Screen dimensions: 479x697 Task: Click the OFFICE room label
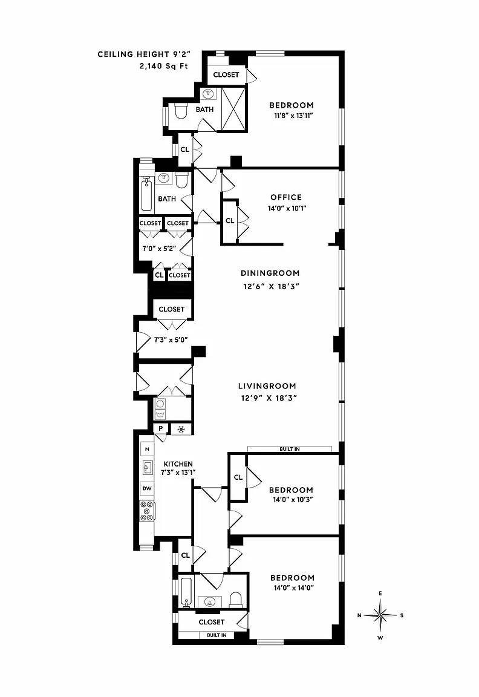pos(286,197)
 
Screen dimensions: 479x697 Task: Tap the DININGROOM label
pos(270,273)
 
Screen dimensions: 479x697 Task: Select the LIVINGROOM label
pos(267,386)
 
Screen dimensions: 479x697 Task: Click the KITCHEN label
pos(178,463)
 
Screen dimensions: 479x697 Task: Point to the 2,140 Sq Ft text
pos(163,66)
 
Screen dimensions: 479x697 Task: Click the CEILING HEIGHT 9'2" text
pos(144,54)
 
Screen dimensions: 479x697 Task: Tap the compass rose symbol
pos(380,616)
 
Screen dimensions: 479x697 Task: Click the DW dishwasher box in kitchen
pos(147,488)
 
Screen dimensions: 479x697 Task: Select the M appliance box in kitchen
pos(147,450)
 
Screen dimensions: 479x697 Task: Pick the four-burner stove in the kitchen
pos(147,511)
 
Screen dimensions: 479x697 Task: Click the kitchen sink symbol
pos(148,468)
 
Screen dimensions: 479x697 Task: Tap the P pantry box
pos(161,428)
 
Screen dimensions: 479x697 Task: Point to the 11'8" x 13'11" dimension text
pos(294,116)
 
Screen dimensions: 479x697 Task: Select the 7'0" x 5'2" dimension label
pos(159,249)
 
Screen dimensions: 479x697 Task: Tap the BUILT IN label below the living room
pos(290,449)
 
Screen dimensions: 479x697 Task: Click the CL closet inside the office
pos(230,220)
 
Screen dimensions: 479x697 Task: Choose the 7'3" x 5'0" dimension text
pos(171,339)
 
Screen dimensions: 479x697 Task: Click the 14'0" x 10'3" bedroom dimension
pos(293,499)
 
